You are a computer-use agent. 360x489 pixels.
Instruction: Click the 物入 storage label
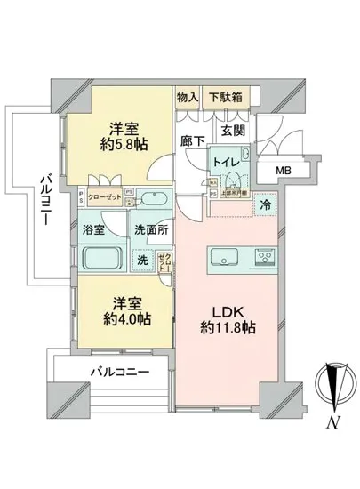pyautogui.click(x=188, y=97)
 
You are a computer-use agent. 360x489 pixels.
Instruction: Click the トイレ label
pyautogui.click(x=224, y=161)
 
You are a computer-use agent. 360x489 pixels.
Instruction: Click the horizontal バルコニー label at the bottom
pyautogui.click(x=118, y=371)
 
